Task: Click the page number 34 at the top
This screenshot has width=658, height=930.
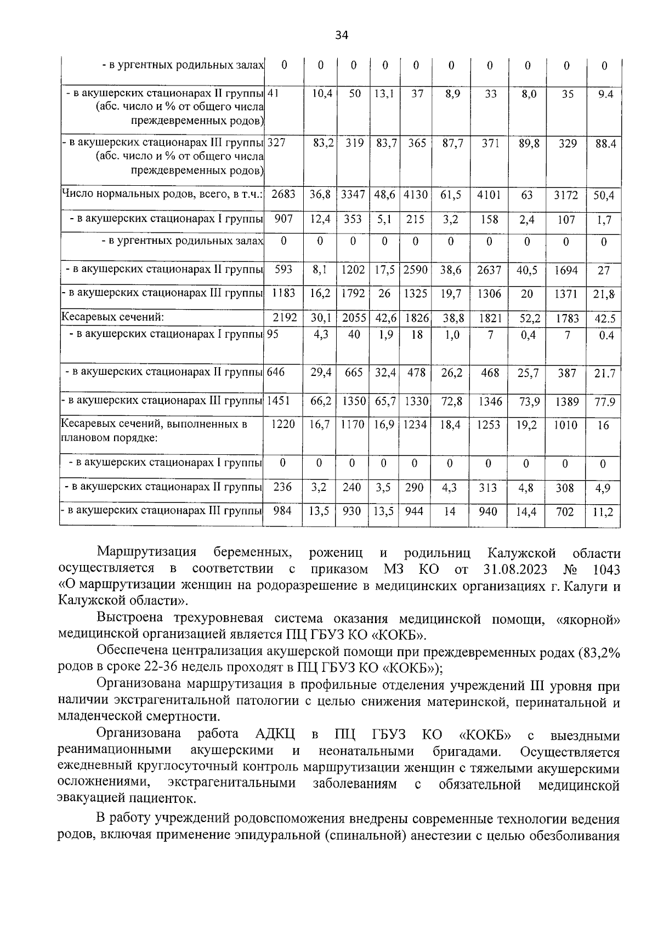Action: tap(342, 36)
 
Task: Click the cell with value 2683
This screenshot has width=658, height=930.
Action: tap(283, 195)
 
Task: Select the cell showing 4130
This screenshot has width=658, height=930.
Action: tap(416, 195)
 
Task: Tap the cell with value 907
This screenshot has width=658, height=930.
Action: tap(283, 219)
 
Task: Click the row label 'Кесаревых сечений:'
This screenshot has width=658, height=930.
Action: tap(114, 317)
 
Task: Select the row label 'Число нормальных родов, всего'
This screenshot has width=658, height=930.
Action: tap(162, 195)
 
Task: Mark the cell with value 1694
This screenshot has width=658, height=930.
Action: tap(566, 270)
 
